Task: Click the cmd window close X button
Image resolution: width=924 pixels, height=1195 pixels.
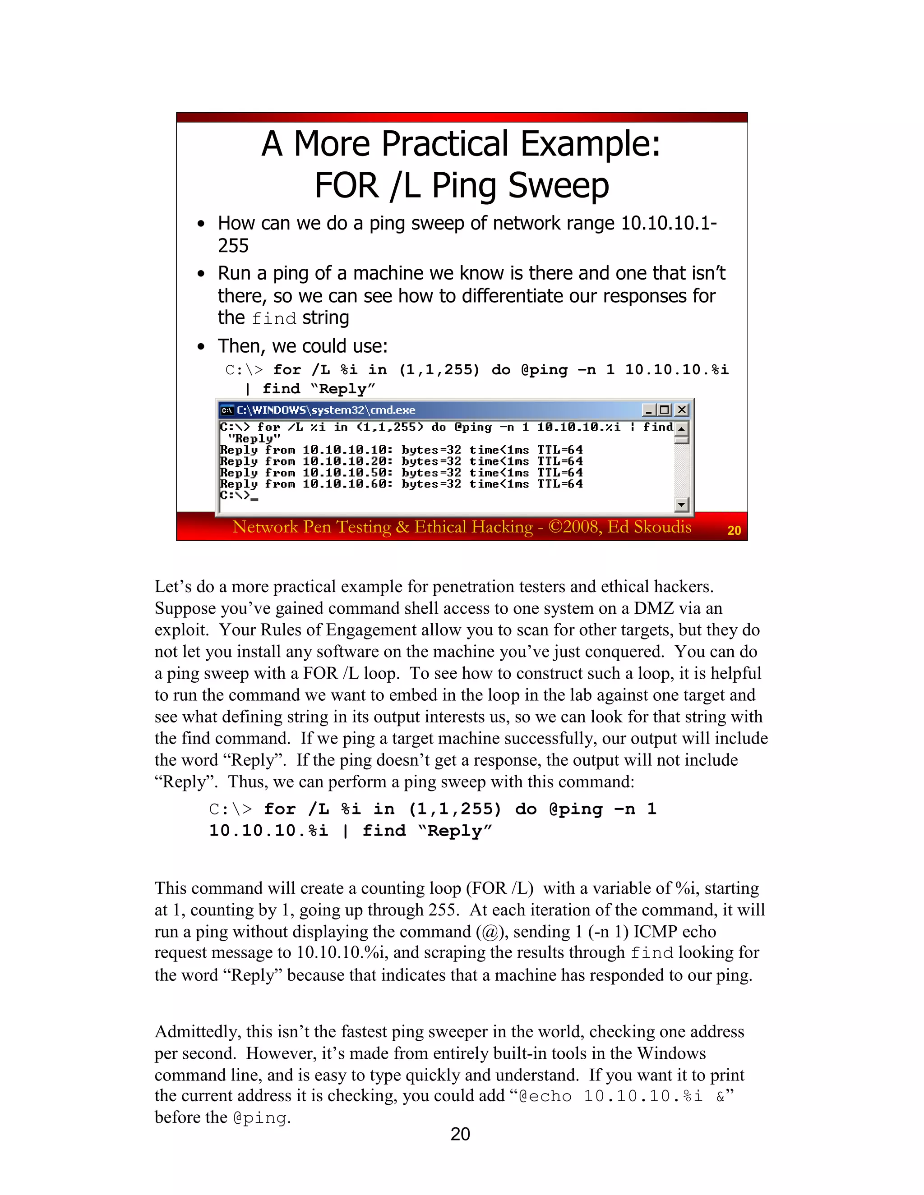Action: (682, 410)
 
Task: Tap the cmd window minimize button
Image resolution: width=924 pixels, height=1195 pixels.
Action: (649, 410)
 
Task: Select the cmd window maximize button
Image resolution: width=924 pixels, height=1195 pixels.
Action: (665, 410)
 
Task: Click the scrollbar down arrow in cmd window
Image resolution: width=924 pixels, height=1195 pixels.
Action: (682, 505)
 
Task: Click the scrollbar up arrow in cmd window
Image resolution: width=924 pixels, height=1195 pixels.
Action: (682, 428)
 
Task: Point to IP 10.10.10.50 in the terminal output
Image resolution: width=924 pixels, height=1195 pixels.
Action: (347, 473)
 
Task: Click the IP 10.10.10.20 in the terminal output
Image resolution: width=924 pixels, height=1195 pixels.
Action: (347, 461)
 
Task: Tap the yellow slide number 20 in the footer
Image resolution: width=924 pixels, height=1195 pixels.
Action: (734, 530)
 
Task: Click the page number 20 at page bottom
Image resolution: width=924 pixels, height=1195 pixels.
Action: (460, 1134)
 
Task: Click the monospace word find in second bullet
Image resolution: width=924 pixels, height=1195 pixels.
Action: (274, 318)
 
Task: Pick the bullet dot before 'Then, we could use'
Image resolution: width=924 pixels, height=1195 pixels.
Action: (201, 347)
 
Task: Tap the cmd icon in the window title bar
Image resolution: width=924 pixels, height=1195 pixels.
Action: (226, 410)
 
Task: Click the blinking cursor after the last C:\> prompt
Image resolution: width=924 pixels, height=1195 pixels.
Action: (254, 498)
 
